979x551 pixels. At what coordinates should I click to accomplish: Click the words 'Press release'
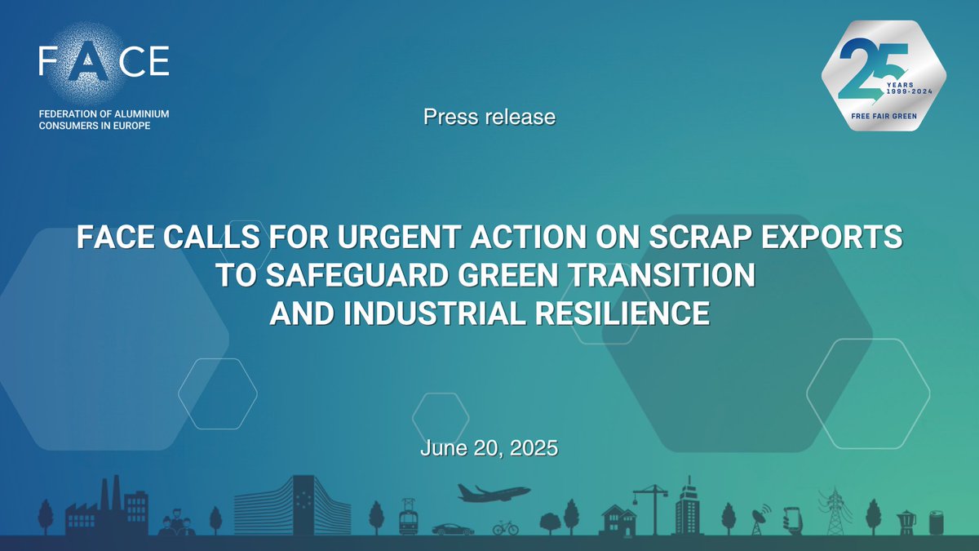coord(489,117)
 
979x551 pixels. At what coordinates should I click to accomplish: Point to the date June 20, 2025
coord(489,447)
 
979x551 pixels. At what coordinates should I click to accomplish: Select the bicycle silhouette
coord(506,527)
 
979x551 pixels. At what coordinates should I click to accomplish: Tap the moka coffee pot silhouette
coord(906,521)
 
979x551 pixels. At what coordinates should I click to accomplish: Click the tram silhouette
coord(408,518)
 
